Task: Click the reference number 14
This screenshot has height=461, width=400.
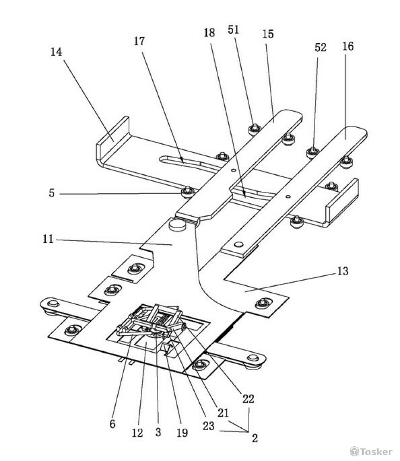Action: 56,52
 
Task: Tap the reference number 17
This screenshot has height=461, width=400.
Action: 139,41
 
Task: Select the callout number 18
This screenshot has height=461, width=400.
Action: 209,33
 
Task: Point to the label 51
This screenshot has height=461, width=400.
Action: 233,30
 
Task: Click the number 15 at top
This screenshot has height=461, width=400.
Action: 268,34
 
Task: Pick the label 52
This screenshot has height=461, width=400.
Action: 321,47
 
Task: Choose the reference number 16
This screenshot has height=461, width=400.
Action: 348,46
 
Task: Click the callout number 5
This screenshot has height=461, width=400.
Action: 52,193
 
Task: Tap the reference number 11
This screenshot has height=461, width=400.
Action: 48,239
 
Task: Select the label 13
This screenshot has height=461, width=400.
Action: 343,271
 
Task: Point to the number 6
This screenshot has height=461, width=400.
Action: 112,424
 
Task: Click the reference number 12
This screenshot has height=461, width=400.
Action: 137,433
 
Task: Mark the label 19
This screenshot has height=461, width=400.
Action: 182,433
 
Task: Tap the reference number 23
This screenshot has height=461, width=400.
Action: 209,426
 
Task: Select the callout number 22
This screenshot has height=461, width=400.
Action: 248,399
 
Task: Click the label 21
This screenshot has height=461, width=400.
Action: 223,413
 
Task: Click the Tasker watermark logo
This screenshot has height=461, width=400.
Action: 371,451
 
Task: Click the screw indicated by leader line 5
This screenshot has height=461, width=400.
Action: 187,192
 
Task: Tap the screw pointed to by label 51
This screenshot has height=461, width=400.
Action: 255,129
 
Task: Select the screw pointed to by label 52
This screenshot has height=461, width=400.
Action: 313,152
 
